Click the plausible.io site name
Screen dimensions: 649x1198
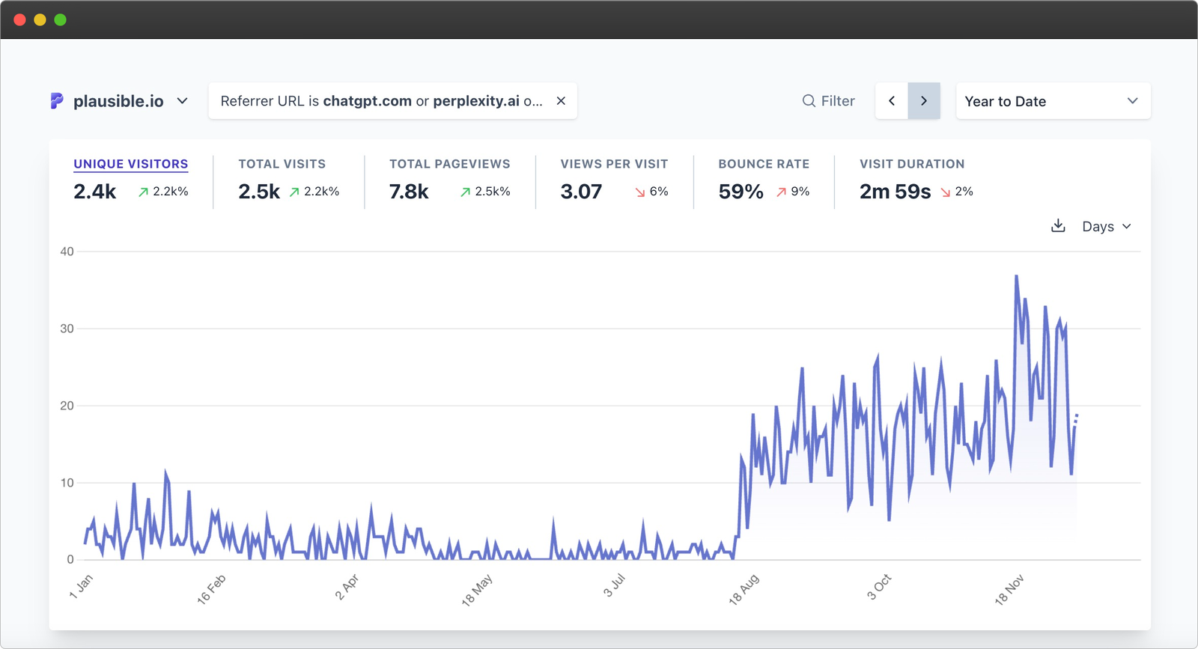point(118,101)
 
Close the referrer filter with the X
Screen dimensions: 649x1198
point(561,101)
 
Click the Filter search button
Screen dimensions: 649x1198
point(828,101)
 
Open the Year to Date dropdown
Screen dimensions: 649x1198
point(1052,101)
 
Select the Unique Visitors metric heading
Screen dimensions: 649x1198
point(131,164)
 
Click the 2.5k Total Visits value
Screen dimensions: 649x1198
point(259,192)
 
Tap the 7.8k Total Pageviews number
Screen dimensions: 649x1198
point(409,192)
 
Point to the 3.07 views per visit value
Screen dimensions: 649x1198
point(581,192)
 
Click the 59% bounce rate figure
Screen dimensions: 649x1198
point(741,192)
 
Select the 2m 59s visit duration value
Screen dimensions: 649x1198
point(895,192)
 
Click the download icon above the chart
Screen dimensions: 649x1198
point(1058,226)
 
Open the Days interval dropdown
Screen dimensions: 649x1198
point(1106,226)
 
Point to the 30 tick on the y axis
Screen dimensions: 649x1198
point(67,329)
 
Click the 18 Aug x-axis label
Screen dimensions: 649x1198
point(744,589)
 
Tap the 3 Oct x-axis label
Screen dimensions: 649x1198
point(879,587)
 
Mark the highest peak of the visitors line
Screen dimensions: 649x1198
point(1016,276)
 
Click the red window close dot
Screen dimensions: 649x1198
point(20,19)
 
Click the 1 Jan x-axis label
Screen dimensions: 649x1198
point(81,586)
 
